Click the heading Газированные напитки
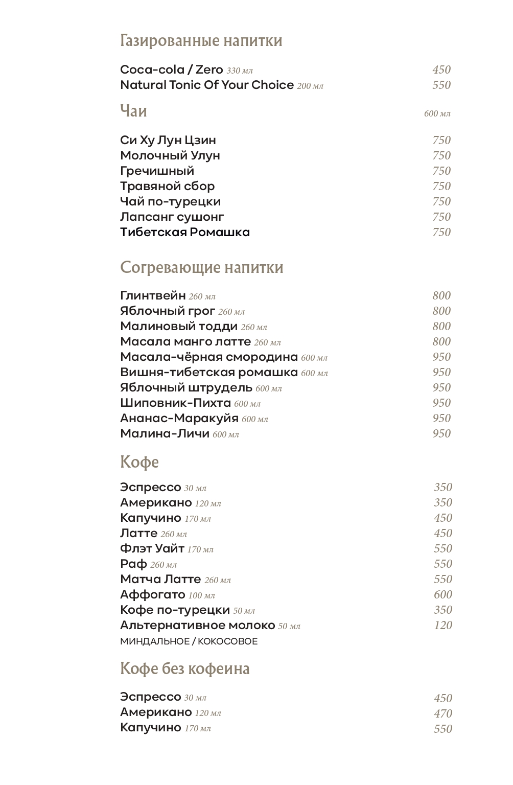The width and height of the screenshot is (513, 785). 201,40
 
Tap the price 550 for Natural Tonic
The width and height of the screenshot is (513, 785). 441,85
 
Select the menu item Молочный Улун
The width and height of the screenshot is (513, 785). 170,155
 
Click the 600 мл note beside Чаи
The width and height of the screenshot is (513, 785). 437,113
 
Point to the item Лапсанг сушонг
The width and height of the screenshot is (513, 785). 172,217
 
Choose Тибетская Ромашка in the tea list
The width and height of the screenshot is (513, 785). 185,232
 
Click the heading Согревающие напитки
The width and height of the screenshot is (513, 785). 201,267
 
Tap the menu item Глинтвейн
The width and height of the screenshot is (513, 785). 153,295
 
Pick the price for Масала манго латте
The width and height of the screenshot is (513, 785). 441,341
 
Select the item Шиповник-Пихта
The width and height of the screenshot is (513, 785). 175,403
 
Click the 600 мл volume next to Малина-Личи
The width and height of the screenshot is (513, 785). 226,434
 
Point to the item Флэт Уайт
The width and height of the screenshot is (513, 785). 152,548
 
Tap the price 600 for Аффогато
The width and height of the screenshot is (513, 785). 442,594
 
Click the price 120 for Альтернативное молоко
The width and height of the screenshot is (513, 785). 442,625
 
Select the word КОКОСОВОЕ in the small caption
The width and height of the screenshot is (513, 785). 227,641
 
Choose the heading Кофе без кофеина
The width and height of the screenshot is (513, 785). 184,668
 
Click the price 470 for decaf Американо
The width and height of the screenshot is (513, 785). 442,713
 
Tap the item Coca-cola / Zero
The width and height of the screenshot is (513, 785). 171,70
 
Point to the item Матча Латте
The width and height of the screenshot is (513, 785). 160,579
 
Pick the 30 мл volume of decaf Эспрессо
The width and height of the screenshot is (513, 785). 195,698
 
